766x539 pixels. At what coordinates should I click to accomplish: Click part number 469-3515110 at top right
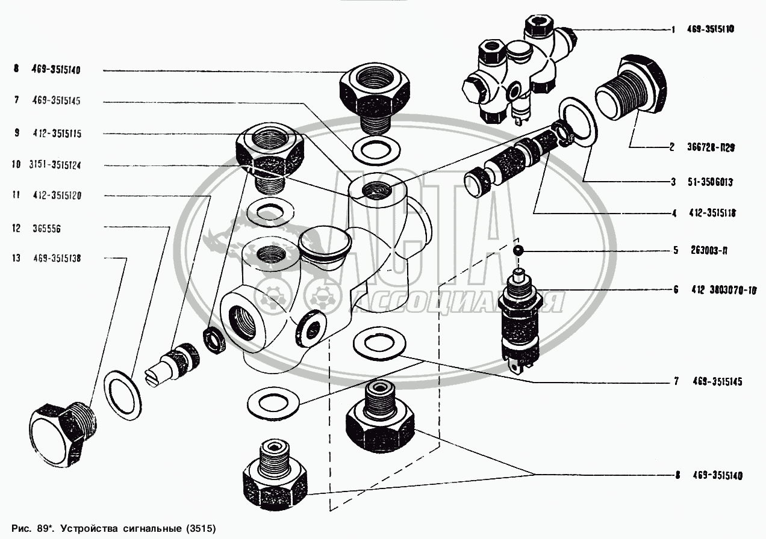pos(711,29)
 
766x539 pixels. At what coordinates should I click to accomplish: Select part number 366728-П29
pos(711,147)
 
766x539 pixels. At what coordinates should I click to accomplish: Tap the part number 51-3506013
pos(710,182)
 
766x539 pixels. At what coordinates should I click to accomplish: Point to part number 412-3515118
pos(712,213)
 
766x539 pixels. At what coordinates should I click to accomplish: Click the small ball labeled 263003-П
pos(518,251)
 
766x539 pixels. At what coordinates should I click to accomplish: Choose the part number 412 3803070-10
pos(724,290)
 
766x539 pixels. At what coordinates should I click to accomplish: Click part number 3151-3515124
pos(55,165)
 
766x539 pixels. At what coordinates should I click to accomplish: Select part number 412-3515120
pos(57,196)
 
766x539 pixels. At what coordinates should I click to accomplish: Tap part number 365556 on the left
pos(47,229)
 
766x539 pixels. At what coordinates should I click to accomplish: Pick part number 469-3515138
pos(57,258)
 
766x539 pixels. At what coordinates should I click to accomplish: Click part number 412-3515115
pos(57,133)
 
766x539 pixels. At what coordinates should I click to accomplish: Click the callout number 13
pos(16,258)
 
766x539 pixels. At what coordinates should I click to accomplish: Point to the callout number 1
pos(673,29)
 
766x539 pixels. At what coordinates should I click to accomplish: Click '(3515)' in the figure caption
pos(201,528)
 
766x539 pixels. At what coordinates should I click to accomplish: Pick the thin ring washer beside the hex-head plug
pos(122,396)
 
